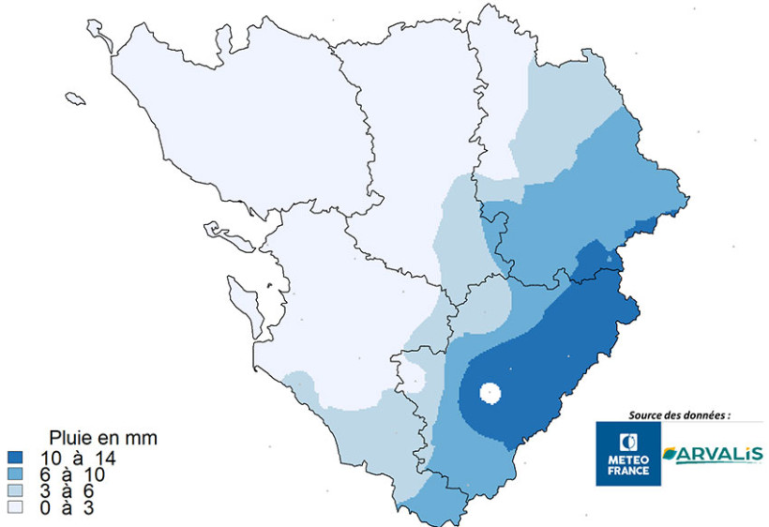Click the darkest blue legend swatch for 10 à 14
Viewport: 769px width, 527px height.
pos(14,459)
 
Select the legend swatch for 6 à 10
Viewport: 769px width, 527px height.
pos(14,474)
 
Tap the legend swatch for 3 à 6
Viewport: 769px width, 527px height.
pos(14,490)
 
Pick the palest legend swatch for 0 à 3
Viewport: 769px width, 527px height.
pos(14,506)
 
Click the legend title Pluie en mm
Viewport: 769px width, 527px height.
pos(102,438)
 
